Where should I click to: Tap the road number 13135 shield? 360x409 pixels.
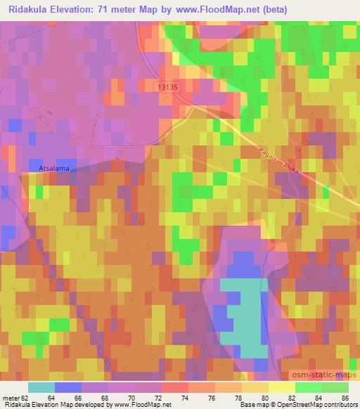tap(167, 84)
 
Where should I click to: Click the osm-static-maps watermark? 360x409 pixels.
tap(322, 375)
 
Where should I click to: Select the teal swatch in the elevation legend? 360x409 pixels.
tap(41, 387)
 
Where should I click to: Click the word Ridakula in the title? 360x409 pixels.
tap(30, 8)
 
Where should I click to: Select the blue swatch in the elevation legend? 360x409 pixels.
tap(68, 387)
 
